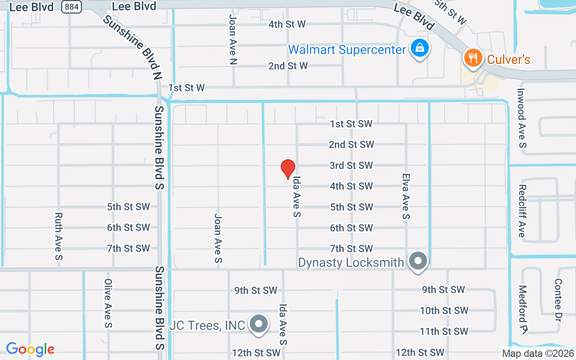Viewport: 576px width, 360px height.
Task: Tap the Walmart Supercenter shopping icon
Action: [x=419, y=48]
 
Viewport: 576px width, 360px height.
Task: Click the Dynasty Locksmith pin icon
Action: [x=418, y=261]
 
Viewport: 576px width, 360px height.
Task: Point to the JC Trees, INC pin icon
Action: [x=259, y=324]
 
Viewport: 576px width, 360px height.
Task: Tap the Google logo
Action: [x=30, y=349]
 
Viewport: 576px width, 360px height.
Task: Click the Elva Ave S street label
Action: [x=406, y=197]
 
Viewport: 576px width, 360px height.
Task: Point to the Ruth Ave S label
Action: [x=58, y=236]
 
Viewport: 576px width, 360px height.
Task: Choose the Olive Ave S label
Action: [x=108, y=303]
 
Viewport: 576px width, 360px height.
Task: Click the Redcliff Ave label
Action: [x=522, y=211]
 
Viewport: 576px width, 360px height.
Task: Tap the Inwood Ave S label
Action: [x=521, y=117]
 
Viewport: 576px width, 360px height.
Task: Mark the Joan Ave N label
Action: [x=233, y=39]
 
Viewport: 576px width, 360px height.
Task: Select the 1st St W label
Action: [x=187, y=88]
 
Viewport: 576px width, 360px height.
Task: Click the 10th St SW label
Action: [x=444, y=310]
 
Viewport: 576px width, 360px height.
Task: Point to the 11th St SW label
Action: [x=444, y=331]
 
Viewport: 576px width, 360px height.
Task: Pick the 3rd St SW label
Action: [x=351, y=166]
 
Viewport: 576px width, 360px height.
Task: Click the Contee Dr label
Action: [x=558, y=300]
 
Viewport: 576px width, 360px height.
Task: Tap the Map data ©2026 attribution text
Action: [x=538, y=353]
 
